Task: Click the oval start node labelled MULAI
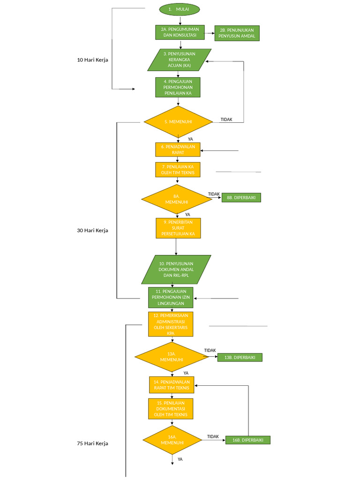(x=180, y=9)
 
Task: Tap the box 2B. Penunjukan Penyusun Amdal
(x=237, y=33)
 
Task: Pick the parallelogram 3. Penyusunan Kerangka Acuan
(x=180, y=60)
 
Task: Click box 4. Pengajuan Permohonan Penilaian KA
(x=178, y=87)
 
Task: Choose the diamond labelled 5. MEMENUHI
(x=172, y=122)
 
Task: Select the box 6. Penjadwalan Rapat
(x=178, y=150)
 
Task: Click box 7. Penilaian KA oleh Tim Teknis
(x=178, y=170)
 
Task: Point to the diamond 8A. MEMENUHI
(x=177, y=199)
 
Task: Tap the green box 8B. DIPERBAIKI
(x=241, y=198)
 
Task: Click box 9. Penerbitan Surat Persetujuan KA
(x=178, y=227)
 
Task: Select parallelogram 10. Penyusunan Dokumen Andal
(x=176, y=270)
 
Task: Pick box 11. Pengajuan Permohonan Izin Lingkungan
(x=171, y=297)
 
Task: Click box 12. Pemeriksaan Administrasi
(x=171, y=324)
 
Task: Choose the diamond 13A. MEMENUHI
(x=171, y=357)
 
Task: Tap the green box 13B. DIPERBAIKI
(x=240, y=358)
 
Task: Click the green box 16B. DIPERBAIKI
(x=247, y=440)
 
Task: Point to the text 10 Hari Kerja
(x=93, y=60)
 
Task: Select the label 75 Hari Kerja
(x=92, y=443)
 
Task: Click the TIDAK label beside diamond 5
(x=226, y=120)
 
